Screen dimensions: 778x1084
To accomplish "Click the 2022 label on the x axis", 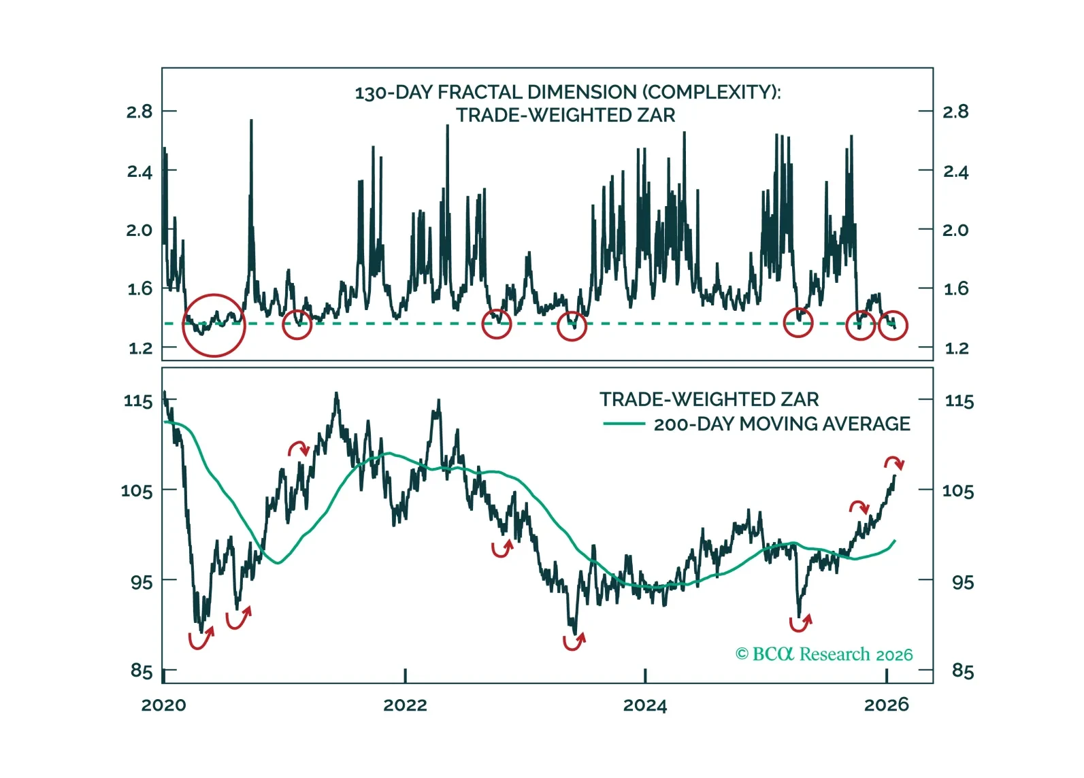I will tap(405, 705).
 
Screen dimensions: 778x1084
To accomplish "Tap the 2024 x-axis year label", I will tap(644, 705).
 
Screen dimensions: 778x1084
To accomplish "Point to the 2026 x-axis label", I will tap(886, 705).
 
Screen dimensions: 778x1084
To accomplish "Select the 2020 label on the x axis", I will tap(163, 705).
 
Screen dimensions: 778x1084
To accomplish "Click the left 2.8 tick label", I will tap(139, 112).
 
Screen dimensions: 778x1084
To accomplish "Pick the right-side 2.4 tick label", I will tap(955, 171).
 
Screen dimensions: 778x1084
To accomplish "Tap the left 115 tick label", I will tap(138, 401).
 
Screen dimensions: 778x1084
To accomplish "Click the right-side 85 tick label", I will tap(962, 671).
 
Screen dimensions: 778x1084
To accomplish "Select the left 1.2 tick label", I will tap(140, 348).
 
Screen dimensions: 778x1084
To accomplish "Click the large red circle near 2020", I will tap(214, 325).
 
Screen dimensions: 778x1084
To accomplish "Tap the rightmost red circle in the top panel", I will tap(893, 325).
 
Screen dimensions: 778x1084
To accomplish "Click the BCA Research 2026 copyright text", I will tap(824, 654).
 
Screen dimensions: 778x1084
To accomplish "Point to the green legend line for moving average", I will tap(624, 424).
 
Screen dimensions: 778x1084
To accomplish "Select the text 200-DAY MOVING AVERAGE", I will tap(782, 424).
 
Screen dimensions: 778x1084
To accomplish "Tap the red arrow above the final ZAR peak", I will tap(894, 463).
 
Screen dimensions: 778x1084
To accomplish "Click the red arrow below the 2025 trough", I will tap(800, 622).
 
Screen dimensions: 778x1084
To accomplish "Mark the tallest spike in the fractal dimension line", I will tap(251, 121).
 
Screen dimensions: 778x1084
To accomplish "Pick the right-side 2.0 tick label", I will tap(955, 230).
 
